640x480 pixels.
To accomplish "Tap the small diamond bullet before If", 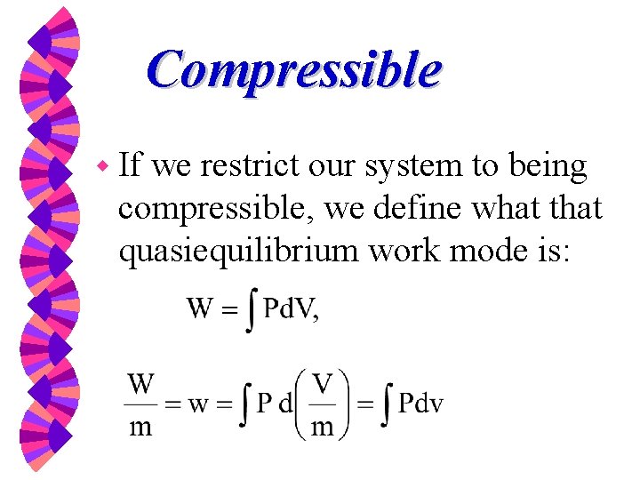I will (x=104, y=166).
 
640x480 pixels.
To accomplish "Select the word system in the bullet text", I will (x=417, y=167).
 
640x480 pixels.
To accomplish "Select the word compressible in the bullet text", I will (x=218, y=211).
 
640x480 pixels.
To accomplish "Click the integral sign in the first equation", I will (x=252, y=311).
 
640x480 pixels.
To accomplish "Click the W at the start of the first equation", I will (x=201, y=309).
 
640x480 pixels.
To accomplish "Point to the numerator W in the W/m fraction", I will (x=141, y=385).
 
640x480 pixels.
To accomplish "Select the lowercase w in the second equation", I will (x=201, y=405).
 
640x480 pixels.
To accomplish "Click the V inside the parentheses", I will (x=323, y=385).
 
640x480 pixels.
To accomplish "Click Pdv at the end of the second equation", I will (x=420, y=405).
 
